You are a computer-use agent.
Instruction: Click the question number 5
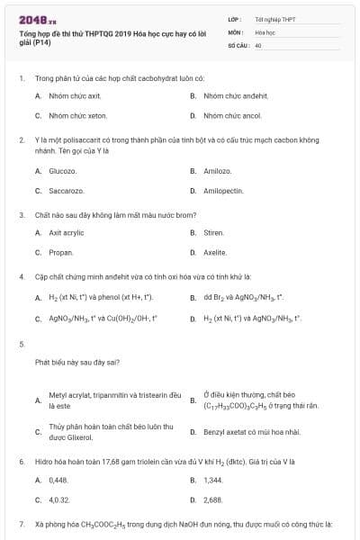click(x=22, y=344)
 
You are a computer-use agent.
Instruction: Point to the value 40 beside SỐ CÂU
click(x=258, y=44)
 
